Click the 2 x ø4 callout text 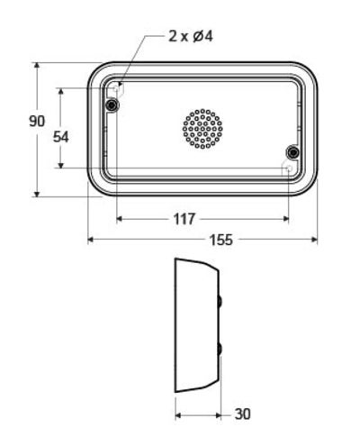click(190, 36)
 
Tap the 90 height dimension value click(37, 123)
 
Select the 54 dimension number click(60, 137)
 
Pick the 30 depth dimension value click(243, 414)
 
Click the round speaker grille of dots click(202, 128)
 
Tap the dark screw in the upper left click(112, 106)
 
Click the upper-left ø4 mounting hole click(118, 89)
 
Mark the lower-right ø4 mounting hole click(288, 168)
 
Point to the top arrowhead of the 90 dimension click(37, 66)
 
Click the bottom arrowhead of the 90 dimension click(37, 192)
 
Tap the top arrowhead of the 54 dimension click(60, 91)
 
